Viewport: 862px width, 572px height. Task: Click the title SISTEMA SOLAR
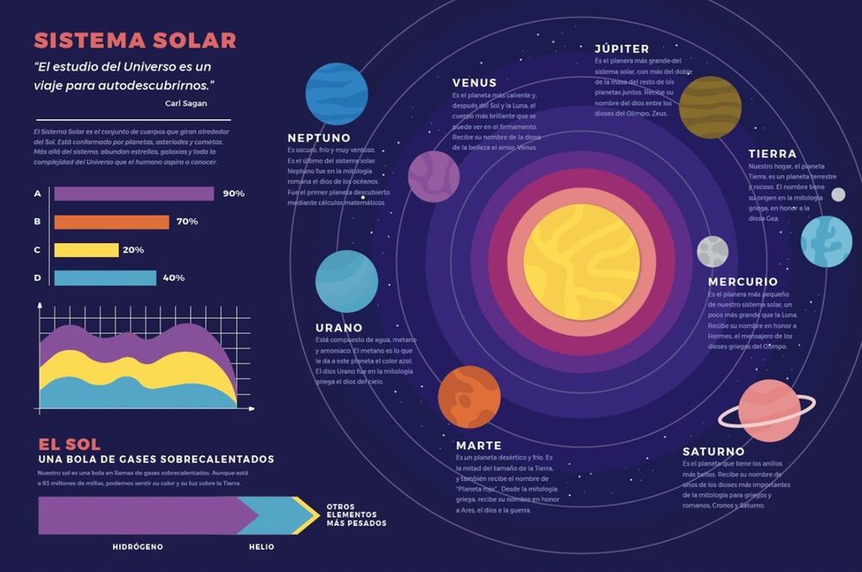135,40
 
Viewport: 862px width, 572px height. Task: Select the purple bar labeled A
134,193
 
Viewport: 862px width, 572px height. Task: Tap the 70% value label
187,222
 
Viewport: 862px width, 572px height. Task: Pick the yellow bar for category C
86,250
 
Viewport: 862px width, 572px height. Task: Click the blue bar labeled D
105,277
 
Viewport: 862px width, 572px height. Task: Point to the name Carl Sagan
185,103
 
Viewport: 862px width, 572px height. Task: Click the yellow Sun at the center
581,262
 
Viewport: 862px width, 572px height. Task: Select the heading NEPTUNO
319,137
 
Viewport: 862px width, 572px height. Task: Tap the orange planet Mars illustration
469,397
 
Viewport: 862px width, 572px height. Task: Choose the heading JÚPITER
622,49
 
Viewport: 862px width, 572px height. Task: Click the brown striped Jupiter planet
710,107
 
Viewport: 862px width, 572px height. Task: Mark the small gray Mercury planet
713,251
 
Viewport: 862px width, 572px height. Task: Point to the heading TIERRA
772,154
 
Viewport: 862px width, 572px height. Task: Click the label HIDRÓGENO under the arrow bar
137,546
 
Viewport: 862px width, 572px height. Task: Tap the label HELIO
262,546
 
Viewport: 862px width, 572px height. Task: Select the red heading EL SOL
70,444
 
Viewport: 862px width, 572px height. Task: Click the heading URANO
338,327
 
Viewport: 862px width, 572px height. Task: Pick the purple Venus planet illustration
434,177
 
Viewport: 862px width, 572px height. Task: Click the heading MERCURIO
743,282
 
